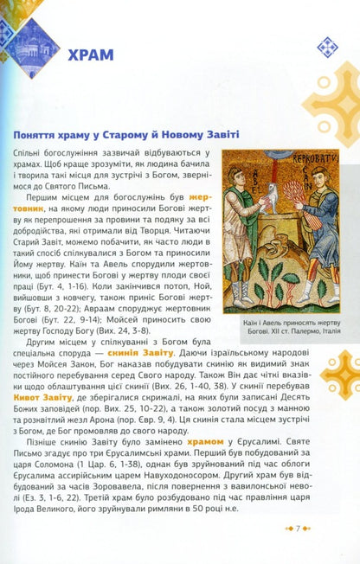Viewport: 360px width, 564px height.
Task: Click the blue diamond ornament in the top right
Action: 327,45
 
